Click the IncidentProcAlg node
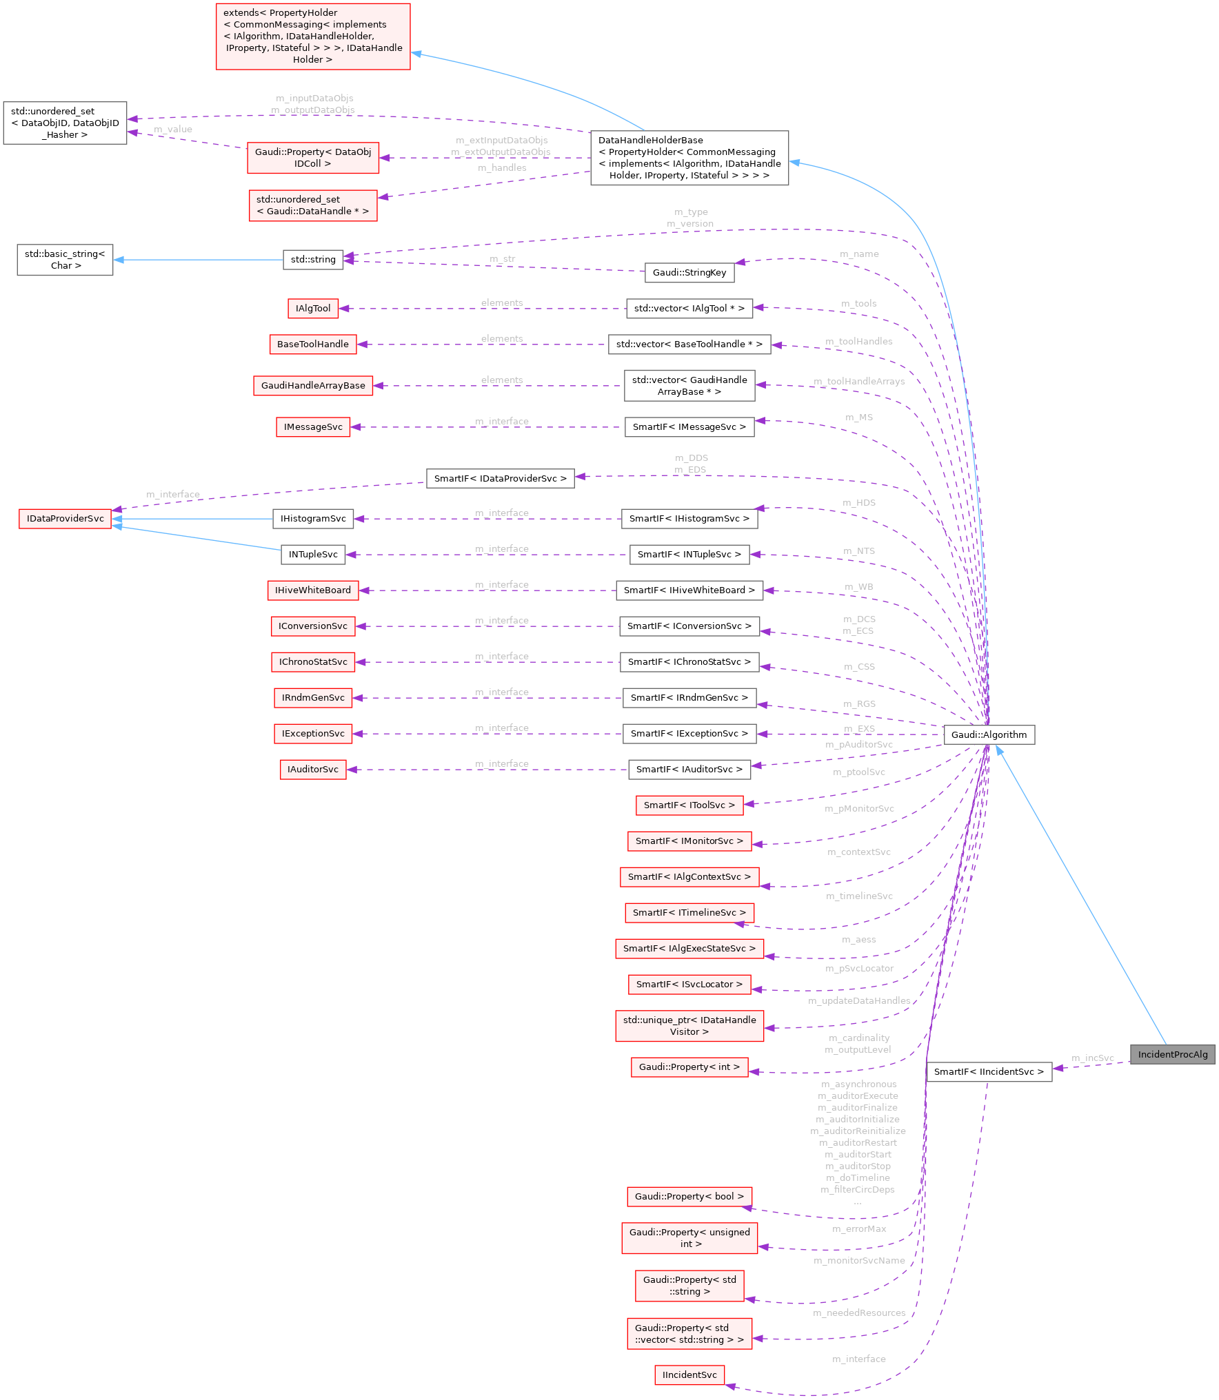pyautogui.click(x=1172, y=1054)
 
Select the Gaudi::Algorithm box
pyautogui.click(x=989, y=734)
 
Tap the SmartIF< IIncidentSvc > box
pyautogui.click(x=989, y=1071)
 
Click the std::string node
pyautogui.click(x=313, y=260)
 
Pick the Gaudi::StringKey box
pyautogui.click(x=689, y=272)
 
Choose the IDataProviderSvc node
pyautogui.click(x=65, y=518)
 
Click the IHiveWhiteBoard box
pyautogui.click(x=312, y=590)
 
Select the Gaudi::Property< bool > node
pyautogui.click(x=689, y=1196)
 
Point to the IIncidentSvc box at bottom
pyautogui.click(x=689, y=1375)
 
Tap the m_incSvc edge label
pyautogui.click(x=1092, y=1058)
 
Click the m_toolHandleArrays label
pyautogui.click(x=858, y=381)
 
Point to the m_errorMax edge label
pyautogui.click(x=858, y=1228)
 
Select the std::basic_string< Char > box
pyautogui.click(x=65, y=260)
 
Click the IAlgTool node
pyautogui.click(x=313, y=308)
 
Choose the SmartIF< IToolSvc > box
pyautogui.click(x=689, y=805)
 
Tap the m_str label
pyautogui.click(x=502, y=258)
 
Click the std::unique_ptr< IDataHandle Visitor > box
pyautogui.click(x=689, y=1025)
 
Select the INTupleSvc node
pyautogui.click(x=313, y=554)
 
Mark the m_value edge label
pyautogui.click(x=172, y=129)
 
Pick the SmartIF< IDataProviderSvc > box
pyautogui.click(x=500, y=478)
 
